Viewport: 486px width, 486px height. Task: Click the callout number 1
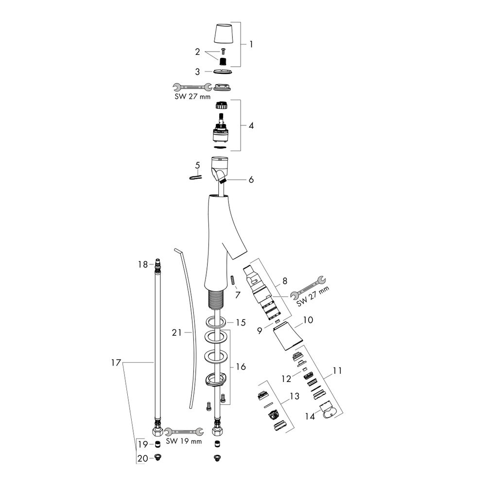click(x=251, y=44)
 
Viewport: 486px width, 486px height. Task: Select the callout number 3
click(x=197, y=72)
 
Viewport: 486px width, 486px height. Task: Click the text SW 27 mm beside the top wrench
click(x=192, y=96)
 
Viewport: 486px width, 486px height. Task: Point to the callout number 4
click(x=251, y=125)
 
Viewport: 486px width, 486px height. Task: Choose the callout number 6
click(x=251, y=179)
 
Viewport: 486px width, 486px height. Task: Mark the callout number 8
click(x=284, y=281)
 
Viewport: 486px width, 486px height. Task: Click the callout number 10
click(x=308, y=320)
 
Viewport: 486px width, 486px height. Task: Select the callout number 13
click(x=295, y=396)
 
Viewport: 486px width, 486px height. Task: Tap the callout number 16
click(x=241, y=366)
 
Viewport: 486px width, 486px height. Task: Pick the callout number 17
click(x=116, y=363)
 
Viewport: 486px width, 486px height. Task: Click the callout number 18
click(x=143, y=264)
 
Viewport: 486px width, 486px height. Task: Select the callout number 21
click(x=177, y=332)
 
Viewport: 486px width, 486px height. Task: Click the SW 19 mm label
click(x=184, y=441)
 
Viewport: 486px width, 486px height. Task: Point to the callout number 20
click(x=142, y=458)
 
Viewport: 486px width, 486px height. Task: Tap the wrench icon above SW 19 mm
click(x=184, y=432)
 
